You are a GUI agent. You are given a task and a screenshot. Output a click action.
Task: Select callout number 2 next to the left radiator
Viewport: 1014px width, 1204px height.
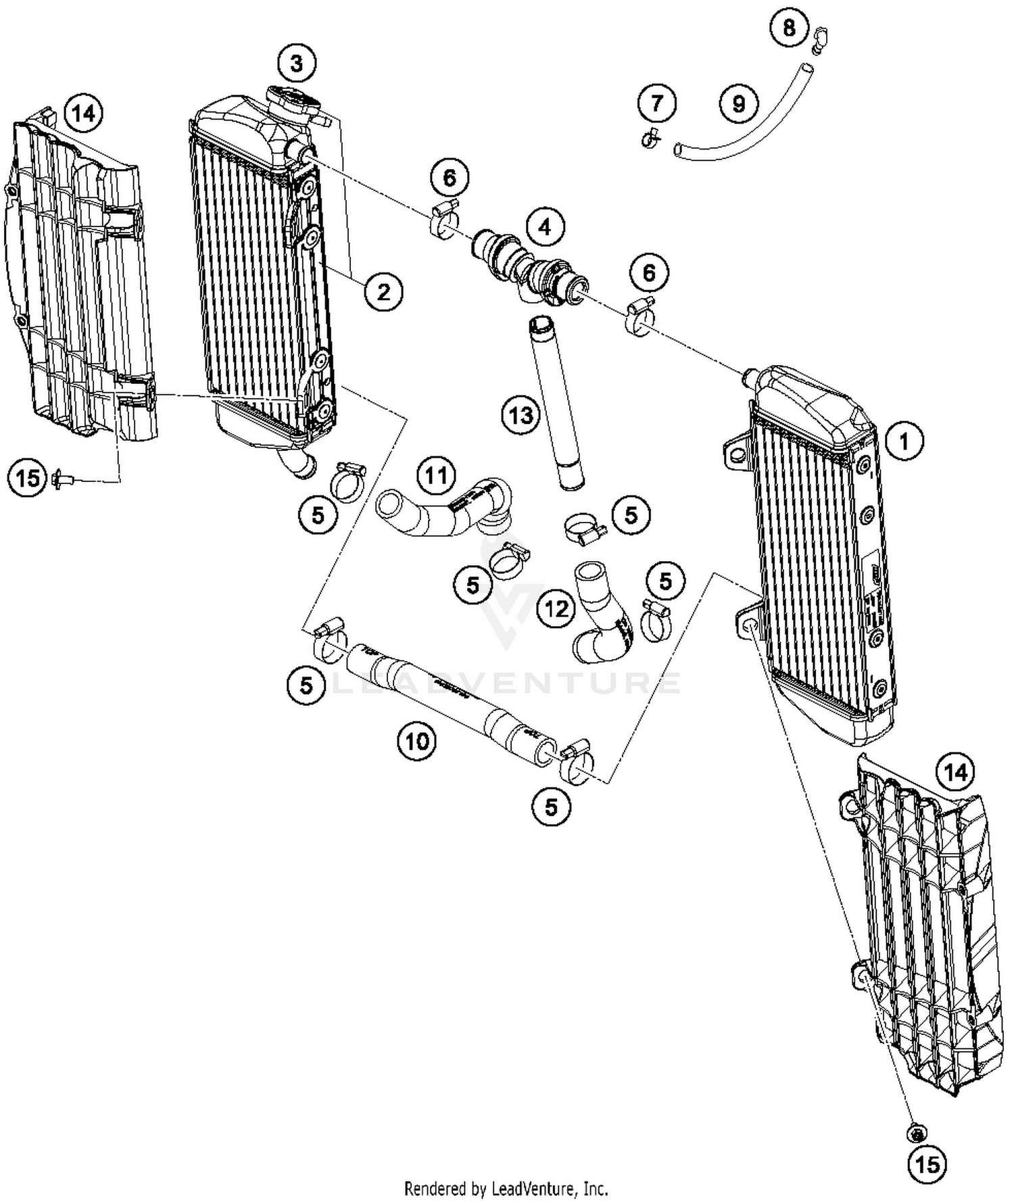pos(383,292)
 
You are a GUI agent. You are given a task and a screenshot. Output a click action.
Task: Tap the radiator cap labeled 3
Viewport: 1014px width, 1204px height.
pos(293,101)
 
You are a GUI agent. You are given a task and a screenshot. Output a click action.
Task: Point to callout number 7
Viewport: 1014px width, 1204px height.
pos(658,104)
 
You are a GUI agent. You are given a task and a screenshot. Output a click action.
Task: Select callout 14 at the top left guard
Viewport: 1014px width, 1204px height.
pos(84,113)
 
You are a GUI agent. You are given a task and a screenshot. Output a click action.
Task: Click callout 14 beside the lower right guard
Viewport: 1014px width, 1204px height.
pos(955,772)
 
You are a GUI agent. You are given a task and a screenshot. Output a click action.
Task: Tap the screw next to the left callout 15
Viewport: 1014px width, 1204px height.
pos(63,479)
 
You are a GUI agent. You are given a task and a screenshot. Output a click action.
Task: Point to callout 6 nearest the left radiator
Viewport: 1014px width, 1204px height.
pos(450,178)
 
